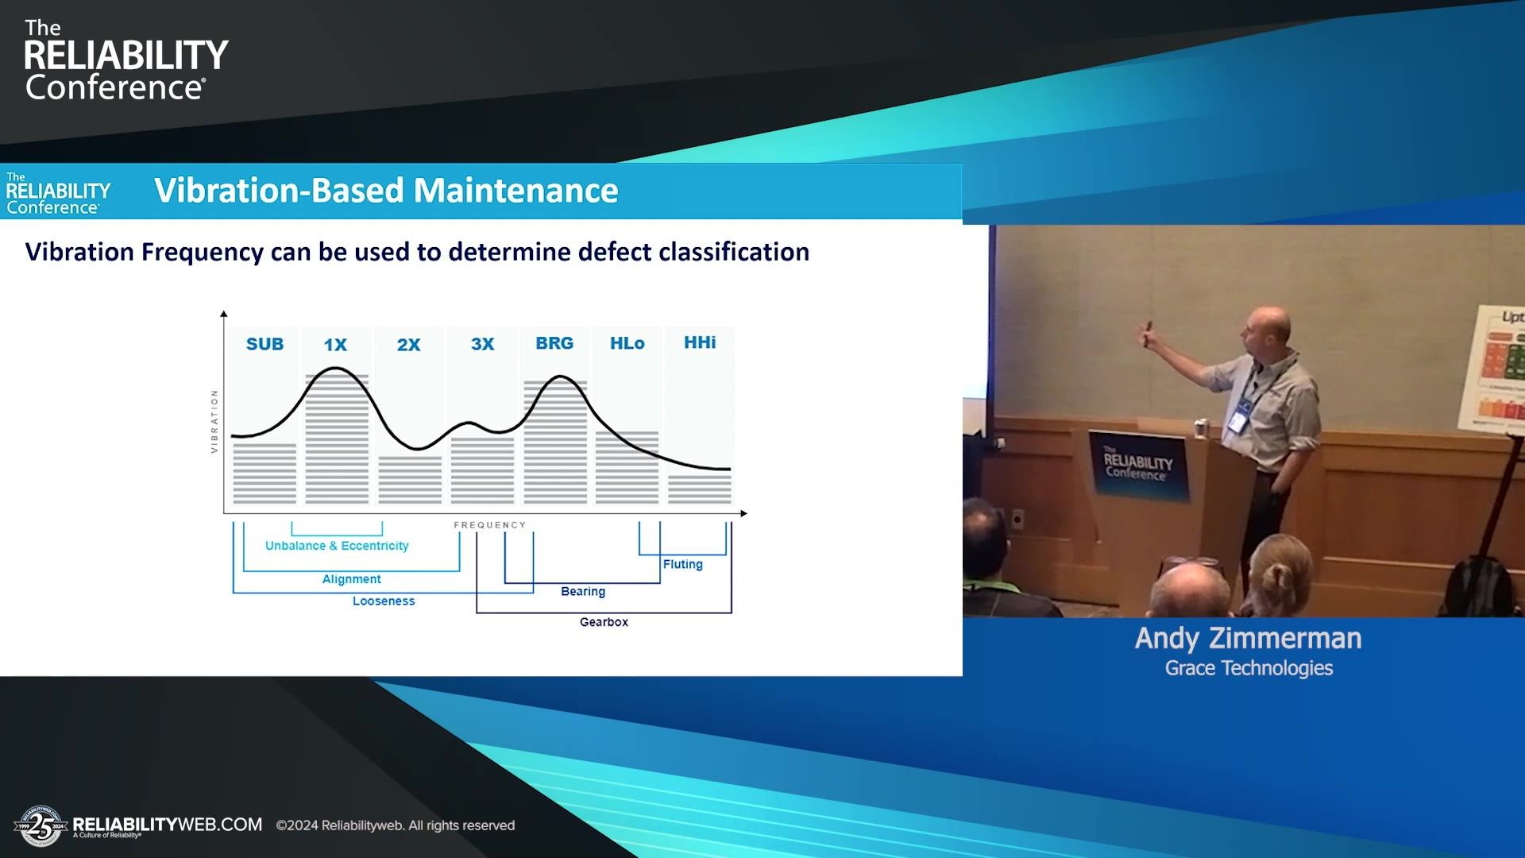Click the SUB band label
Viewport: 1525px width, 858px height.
pyautogui.click(x=264, y=344)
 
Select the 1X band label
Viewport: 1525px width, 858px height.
pyautogui.click(x=335, y=345)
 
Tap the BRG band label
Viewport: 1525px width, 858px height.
pyautogui.click(x=554, y=343)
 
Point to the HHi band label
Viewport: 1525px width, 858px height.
pyautogui.click(x=700, y=342)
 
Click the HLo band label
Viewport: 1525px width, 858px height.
pyautogui.click(x=627, y=343)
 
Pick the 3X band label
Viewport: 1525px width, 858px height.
pyautogui.click(x=482, y=344)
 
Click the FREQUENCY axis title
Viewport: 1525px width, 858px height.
pyautogui.click(x=489, y=525)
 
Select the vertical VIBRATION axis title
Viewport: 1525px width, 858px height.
pyautogui.click(x=214, y=422)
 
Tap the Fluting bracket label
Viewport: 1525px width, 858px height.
pyautogui.click(x=682, y=564)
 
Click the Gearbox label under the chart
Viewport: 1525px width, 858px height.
pyautogui.click(x=604, y=622)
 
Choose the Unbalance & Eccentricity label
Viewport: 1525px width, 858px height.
pyautogui.click(x=337, y=546)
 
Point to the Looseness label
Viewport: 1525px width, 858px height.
pyautogui.click(x=384, y=601)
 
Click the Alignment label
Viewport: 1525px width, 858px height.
pyautogui.click(x=351, y=579)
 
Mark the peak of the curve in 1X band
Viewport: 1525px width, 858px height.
pyautogui.click(x=336, y=368)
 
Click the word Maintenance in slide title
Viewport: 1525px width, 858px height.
pyautogui.click(x=515, y=191)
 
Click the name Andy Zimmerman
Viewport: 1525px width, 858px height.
pyautogui.click(x=1248, y=638)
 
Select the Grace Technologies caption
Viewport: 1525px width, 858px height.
pyautogui.click(x=1249, y=668)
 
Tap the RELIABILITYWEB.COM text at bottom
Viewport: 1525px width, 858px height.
pyautogui.click(x=168, y=825)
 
